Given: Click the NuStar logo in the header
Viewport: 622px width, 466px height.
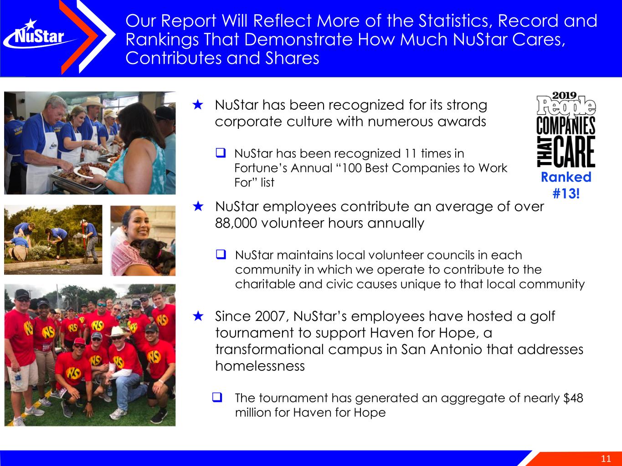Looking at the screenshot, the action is (x=37, y=36).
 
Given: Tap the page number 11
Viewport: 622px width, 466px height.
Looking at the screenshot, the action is (x=606, y=459).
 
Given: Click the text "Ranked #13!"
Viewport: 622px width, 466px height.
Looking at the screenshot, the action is (x=566, y=185).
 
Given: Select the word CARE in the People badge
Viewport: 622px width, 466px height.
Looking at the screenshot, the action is (x=574, y=152).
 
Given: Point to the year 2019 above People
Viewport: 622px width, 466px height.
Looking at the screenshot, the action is (x=564, y=96).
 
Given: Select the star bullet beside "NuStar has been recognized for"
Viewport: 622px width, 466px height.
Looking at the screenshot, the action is (x=198, y=105).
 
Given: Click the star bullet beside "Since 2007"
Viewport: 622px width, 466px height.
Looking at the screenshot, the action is (x=198, y=316).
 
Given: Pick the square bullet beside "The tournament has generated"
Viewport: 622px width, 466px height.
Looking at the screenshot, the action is (x=217, y=397).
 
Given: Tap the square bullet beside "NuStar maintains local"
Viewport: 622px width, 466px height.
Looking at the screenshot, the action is (x=221, y=254).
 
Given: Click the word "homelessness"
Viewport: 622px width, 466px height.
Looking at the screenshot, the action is (x=260, y=366).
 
